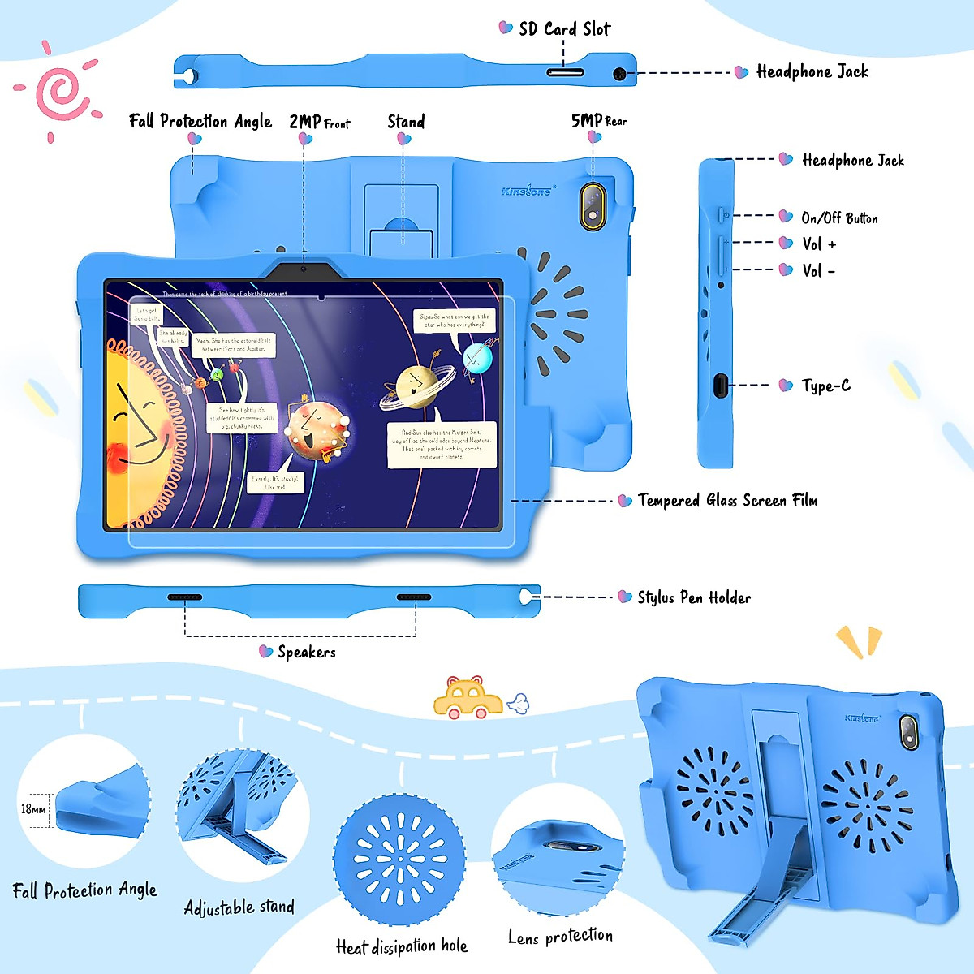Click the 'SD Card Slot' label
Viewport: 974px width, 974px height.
pyautogui.click(x=564, y=29)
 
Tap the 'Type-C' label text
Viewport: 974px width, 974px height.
pyautogui.click(x=825, y=386)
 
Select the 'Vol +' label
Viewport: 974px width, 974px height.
pyautogui.click(x=818, y=243)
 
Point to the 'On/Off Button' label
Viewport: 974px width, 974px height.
pyautogui.click(x=839, y=218)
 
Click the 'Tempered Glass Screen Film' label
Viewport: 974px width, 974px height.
pyautogui.click(x=727, y=500)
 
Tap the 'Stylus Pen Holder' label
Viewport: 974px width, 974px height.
pyautogui.click(x=694, y=597)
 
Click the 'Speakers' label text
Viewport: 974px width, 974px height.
pyautogui.click(x=306, y=652)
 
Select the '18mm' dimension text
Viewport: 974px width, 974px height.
pyautogui.click(x=33, y=808)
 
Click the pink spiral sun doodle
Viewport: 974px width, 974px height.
pyautogui.click(x=58, y=91)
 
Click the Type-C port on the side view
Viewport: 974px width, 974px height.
pyautogui.click(x=720, y=385)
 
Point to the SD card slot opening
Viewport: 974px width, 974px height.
pyautogui.click(x=565, y=72)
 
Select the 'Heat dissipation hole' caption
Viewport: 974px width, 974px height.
pyautogui.click(x=402, y=946)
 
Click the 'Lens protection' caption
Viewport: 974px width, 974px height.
pyautogui.click(x=560, y=936)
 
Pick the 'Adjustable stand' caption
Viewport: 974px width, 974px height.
pyautogui.click(x=239, y=907)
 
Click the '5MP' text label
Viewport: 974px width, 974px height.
pyautogui.click(x=586, y=121)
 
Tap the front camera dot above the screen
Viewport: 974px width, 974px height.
pyautogui.click(x=304, y=269)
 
